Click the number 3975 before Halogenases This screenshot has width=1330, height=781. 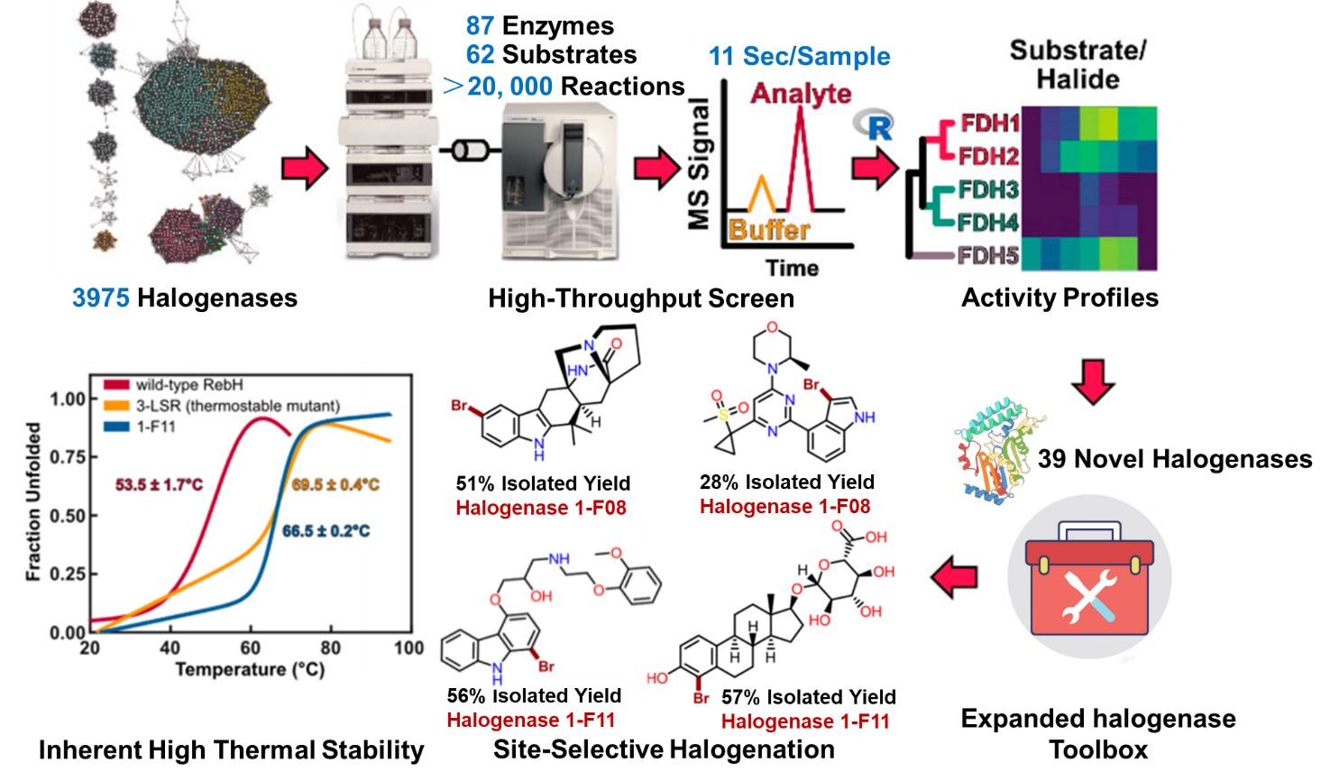[x=101, y=297]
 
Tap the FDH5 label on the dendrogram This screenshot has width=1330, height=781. [x=990, y=255]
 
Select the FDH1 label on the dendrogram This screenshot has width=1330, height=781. [x=990, y=124]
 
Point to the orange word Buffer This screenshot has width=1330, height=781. [x=768, y=228]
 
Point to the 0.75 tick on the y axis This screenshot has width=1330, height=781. [x=66, y=457]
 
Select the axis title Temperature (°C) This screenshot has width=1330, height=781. [x=250, y=670]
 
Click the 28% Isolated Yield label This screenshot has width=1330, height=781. [x=786, y=482]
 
